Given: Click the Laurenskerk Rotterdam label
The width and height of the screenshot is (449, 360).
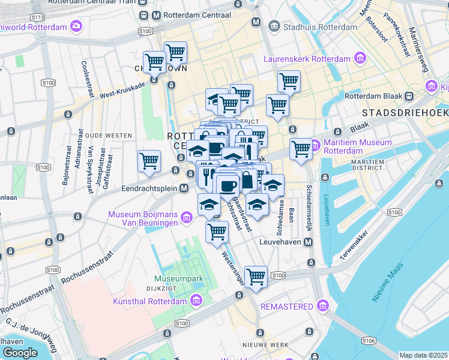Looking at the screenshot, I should (307, 58).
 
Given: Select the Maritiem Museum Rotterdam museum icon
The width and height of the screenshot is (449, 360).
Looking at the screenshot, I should (316, 145).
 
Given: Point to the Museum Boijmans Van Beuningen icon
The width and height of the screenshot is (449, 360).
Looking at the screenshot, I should (187, 216).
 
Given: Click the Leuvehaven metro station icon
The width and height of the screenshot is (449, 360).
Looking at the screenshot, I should (309, 242).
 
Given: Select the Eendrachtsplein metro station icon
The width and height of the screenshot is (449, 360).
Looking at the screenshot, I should (184, 188).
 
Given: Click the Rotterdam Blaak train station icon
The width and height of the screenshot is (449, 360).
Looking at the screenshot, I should (409, 97).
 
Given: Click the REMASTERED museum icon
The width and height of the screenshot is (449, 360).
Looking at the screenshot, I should (323, 307).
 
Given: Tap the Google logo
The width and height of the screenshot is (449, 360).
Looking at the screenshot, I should (20, 353).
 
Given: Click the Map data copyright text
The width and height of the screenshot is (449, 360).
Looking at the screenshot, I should (424, 355).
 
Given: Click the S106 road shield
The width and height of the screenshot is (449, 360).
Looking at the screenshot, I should (369, 340).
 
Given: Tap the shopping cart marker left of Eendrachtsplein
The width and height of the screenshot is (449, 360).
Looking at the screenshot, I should (148, 160).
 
